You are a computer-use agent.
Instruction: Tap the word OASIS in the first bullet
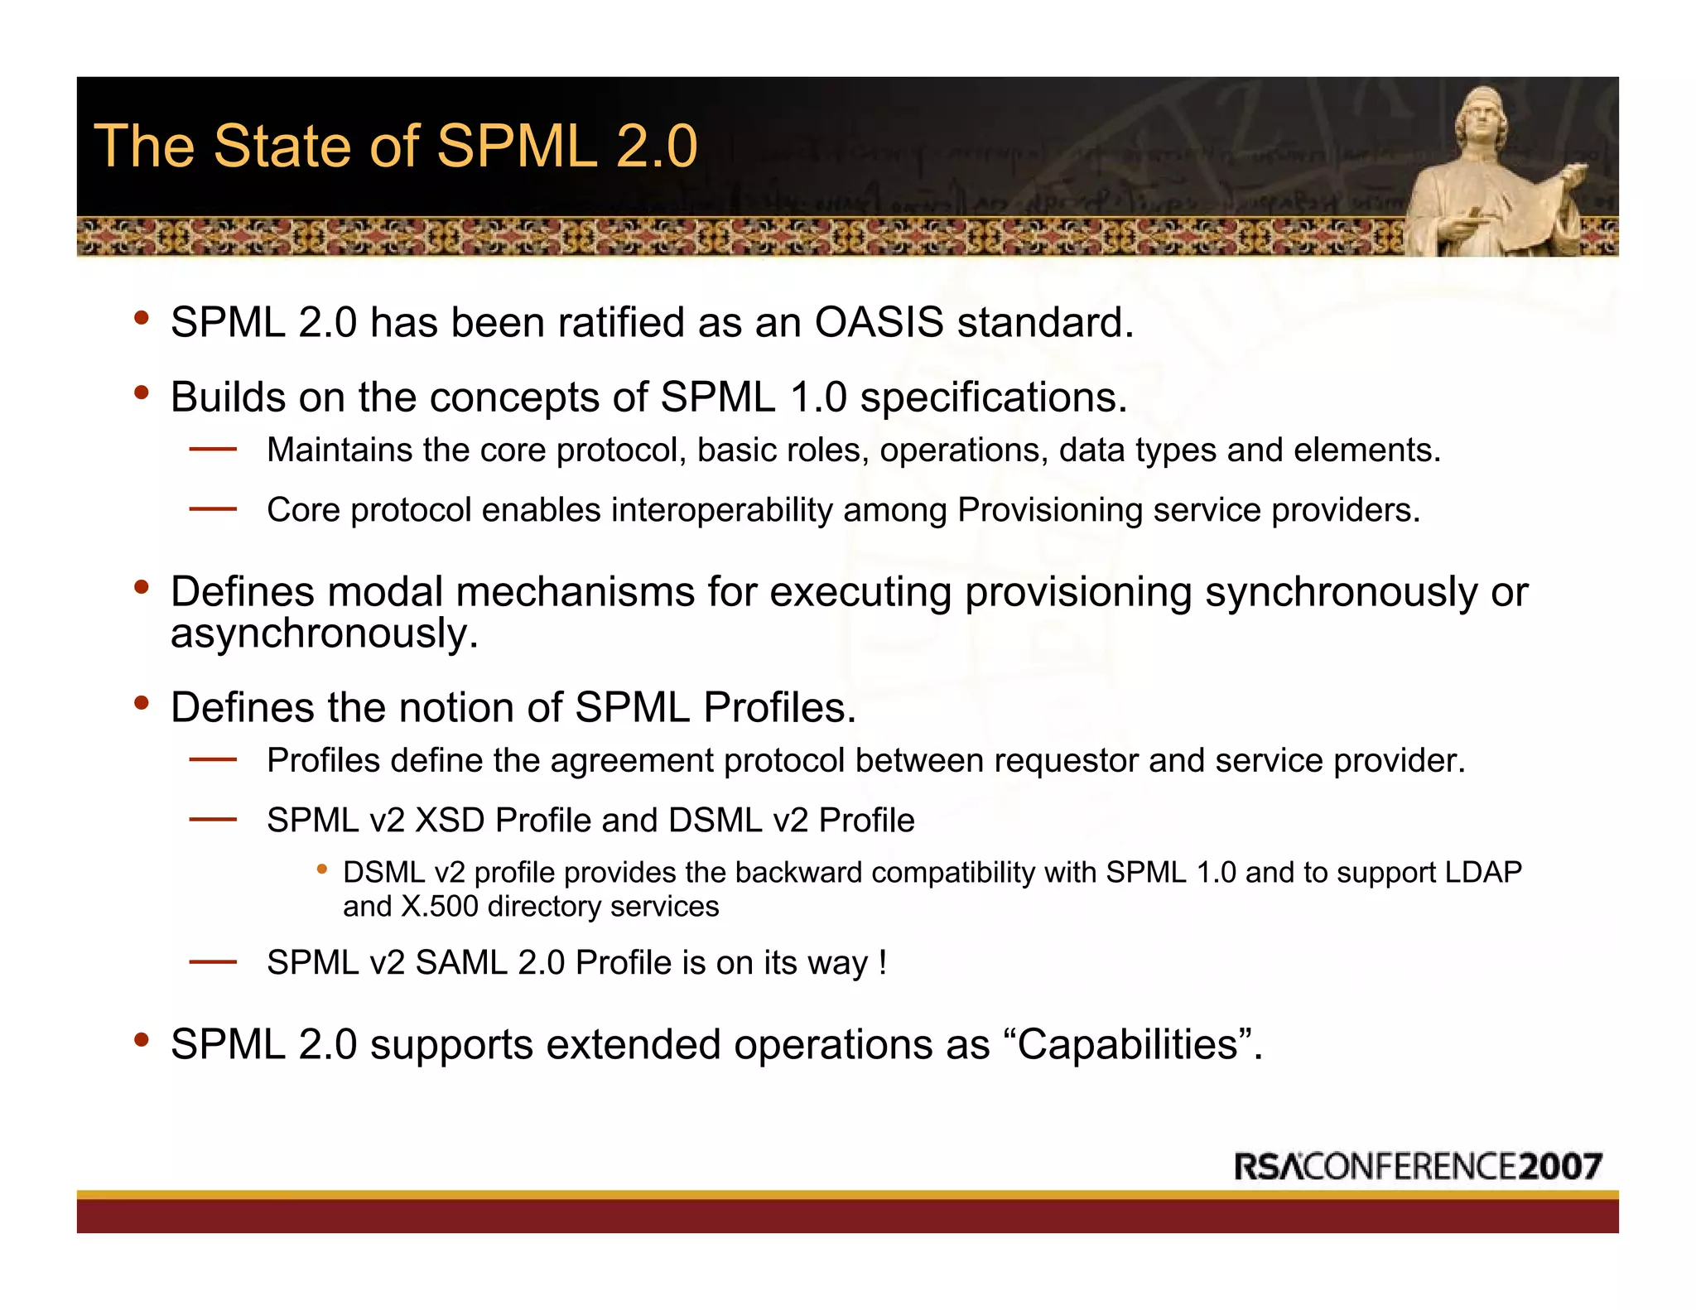879,322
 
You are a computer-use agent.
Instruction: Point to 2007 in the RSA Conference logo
1560,1166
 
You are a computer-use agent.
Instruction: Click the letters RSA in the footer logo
1268,1166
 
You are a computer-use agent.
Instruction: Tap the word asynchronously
325,633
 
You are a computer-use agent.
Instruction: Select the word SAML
460,963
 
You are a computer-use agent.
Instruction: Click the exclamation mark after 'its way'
883,963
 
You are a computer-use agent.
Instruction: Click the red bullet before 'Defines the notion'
142,704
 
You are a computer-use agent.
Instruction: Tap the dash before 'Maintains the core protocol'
213,450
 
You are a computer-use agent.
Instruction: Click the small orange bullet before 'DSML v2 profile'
322,869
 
